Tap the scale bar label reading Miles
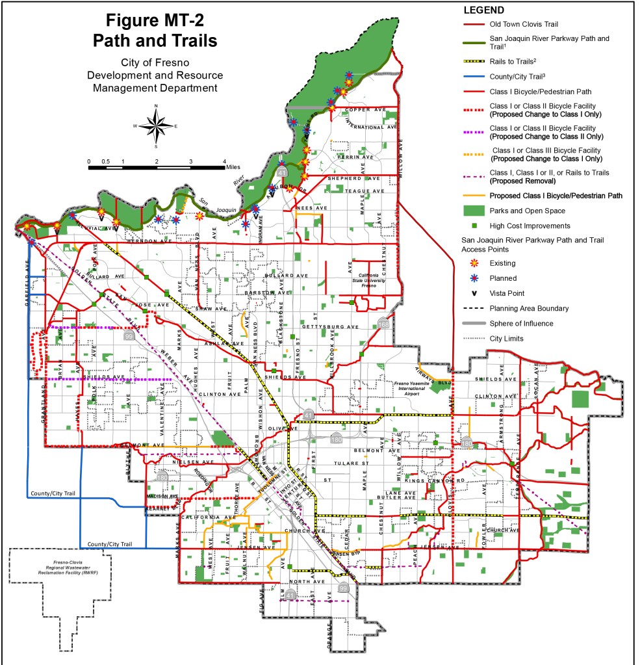coord(233,167)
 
